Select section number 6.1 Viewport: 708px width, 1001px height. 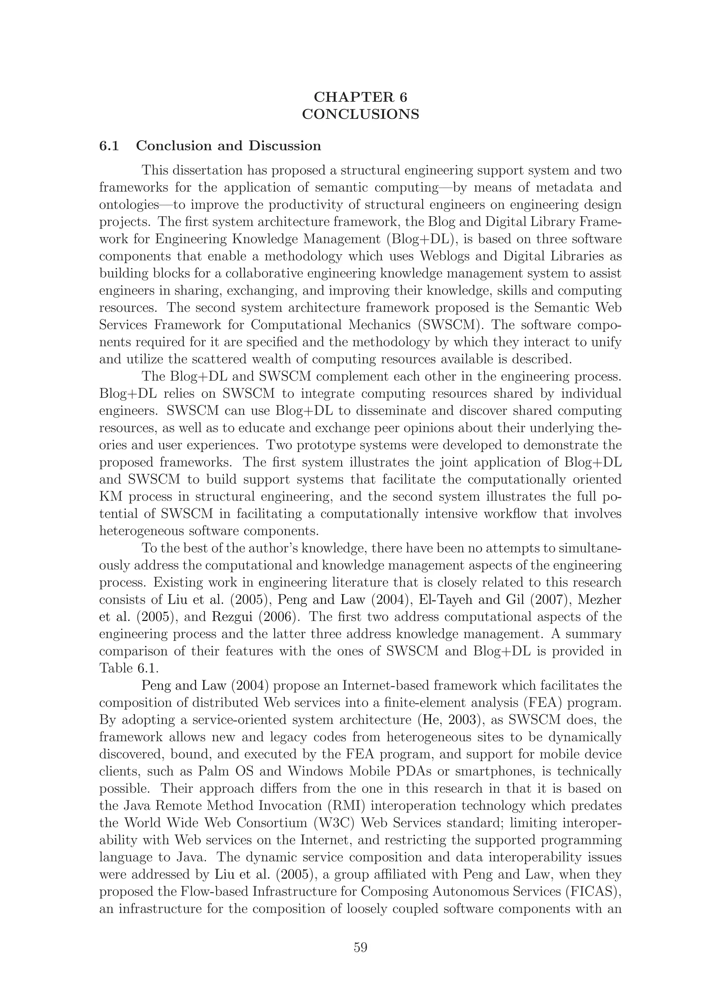point(109,146)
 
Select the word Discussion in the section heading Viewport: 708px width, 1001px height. point(285,146)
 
